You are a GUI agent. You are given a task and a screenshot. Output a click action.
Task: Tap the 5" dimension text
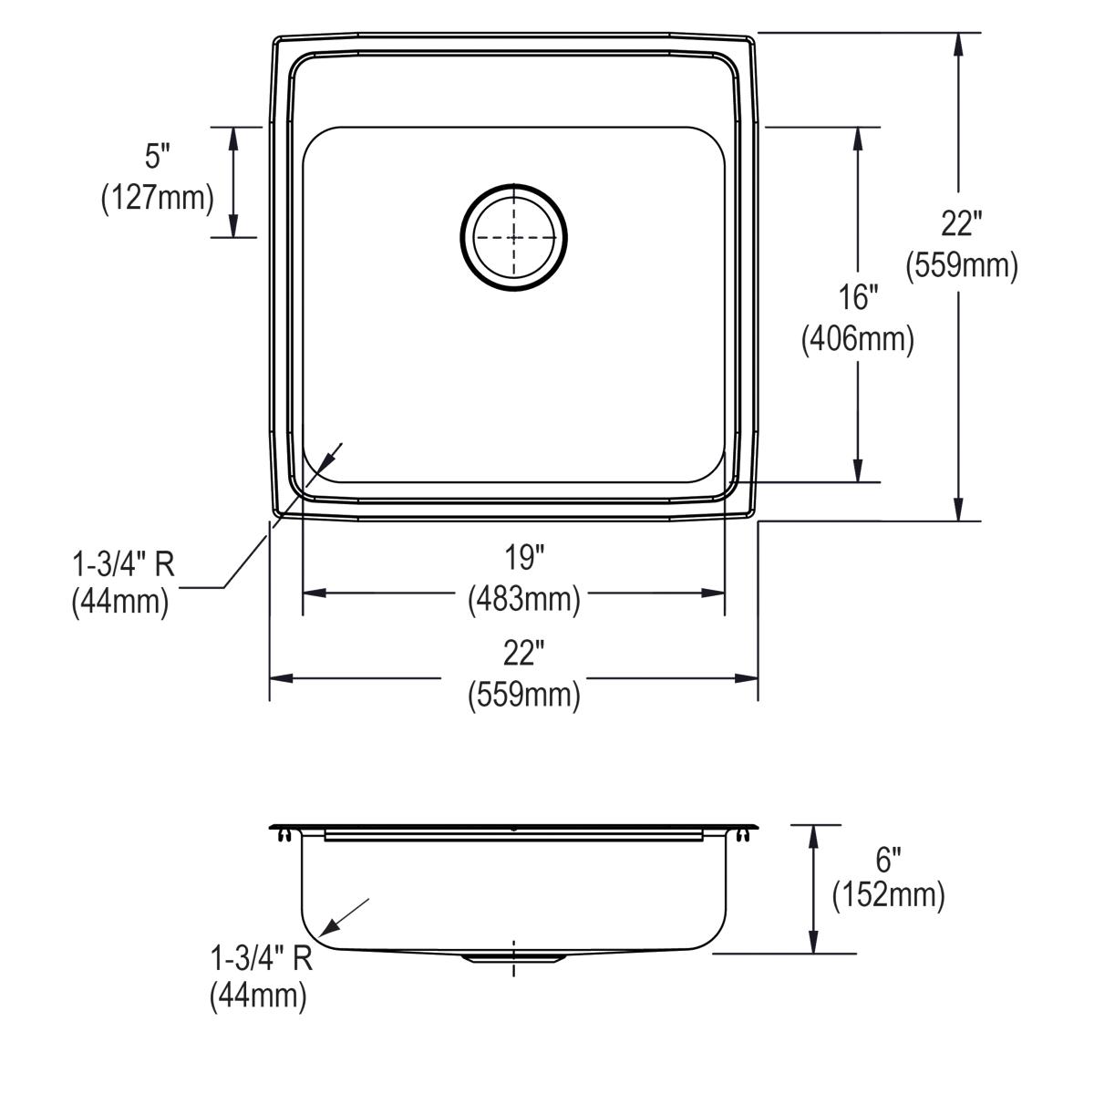[x=158, y=158]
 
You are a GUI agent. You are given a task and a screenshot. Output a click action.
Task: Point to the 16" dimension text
[x=857, y=298]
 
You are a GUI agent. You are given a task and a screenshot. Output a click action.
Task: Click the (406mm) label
[x=857, y=339]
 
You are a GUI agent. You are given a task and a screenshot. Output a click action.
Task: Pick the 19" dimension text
[x=524, y=556]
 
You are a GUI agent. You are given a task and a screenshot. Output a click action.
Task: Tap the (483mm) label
[x=524, y=599]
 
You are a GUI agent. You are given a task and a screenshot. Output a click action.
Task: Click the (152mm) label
[x=888, y=895]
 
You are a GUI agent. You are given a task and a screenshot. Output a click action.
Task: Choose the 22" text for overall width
[x=524, y=654]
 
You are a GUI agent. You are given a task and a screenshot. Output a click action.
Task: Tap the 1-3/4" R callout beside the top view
[x=123, y=566]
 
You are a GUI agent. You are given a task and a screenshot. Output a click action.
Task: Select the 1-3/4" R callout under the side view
[x=262, y=958]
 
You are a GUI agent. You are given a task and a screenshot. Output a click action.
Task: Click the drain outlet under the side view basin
[x=513, y=957]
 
